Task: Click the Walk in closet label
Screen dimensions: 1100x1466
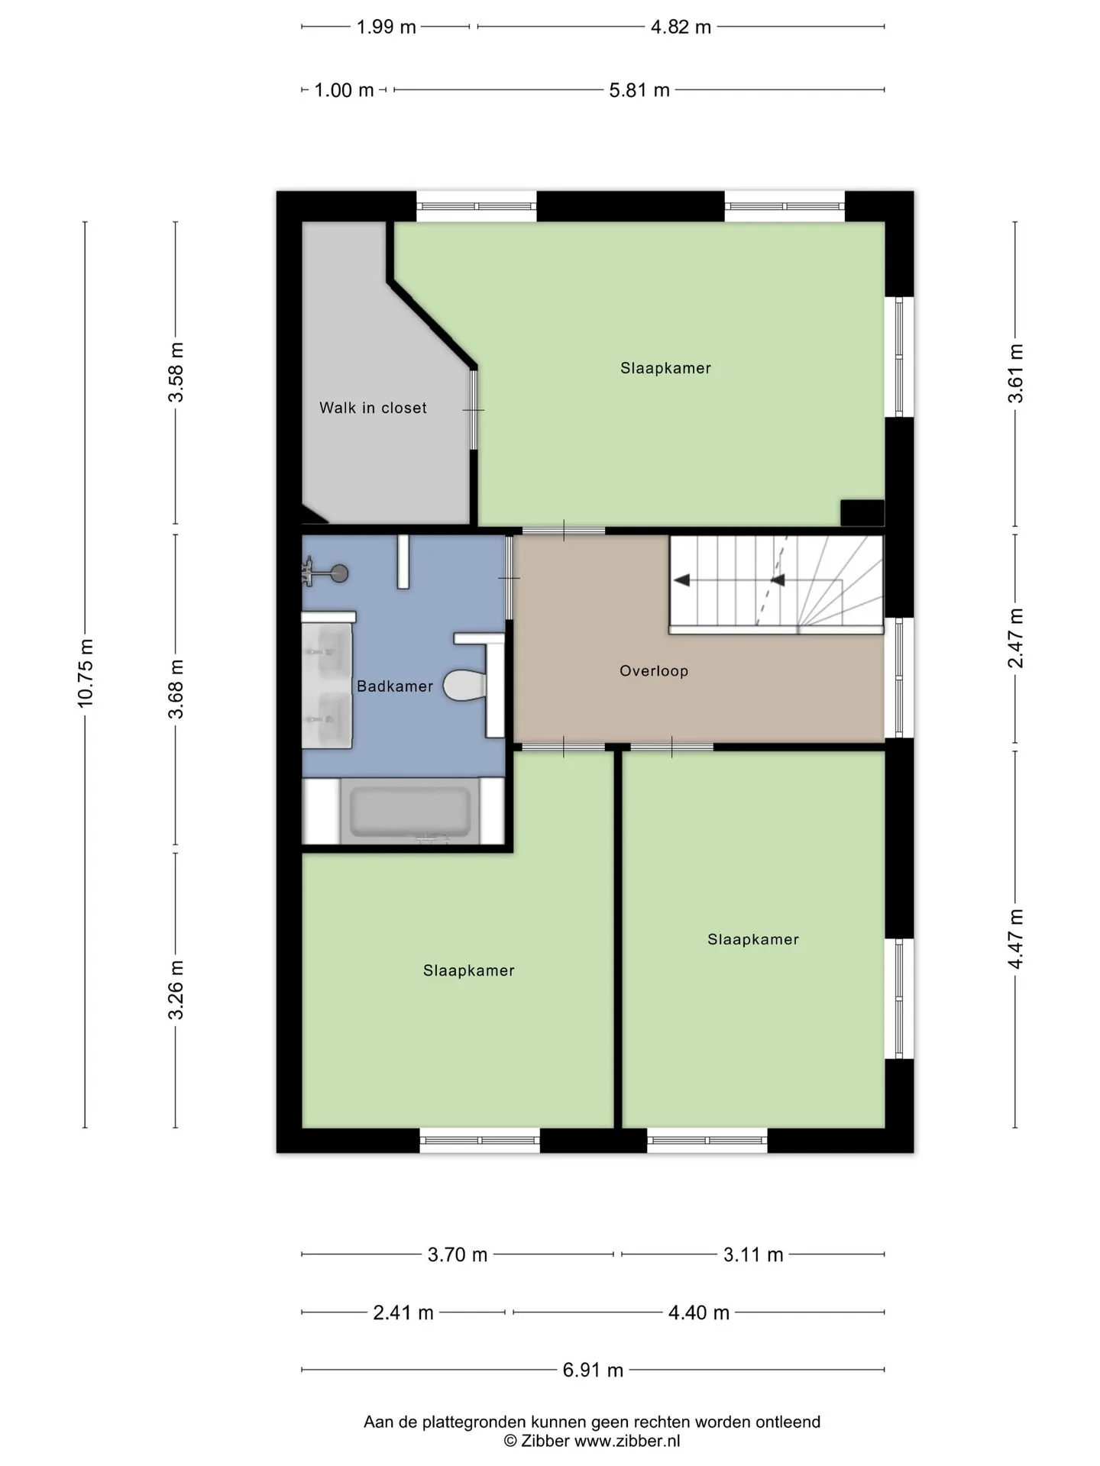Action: (x=373, y=408)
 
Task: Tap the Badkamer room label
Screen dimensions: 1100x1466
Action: (x=395, y=686)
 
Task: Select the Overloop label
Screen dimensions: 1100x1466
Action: (x=654, y=671)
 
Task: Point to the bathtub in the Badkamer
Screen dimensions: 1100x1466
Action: (x=410, y=812)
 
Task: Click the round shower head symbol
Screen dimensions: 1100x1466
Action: (x=339, y=573)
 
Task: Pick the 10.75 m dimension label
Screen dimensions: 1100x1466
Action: (x=86, y=673)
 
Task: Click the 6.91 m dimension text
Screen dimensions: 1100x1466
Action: (x=593, y=1370)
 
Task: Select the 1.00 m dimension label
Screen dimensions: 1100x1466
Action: (x=344, y=90)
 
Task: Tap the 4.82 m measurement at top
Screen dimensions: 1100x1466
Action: (x=681, y=27)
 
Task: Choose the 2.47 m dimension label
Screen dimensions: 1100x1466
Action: (x=1015, y=638)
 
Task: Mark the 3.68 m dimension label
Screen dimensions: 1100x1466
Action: (x=176, y=689)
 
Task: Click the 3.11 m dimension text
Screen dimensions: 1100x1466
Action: (x=753, y=1254)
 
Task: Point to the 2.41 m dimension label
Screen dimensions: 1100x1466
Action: (x=403, y=1313)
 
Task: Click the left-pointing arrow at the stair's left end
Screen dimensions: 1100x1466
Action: (x=682, y=580)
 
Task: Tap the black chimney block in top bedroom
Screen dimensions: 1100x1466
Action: (x=862, y=513)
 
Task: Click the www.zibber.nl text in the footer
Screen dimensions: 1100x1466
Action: (x=627, y=1441)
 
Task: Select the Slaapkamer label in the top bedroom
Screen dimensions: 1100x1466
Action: (x=665, y=368)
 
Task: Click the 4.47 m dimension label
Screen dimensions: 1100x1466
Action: (x=1015, y=939)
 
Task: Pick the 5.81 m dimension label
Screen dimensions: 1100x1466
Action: (x=639, y=90)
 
